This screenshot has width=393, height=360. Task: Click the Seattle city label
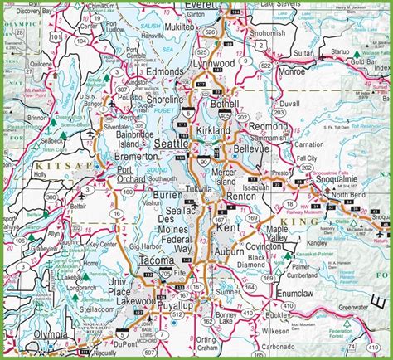pos(172,144)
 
